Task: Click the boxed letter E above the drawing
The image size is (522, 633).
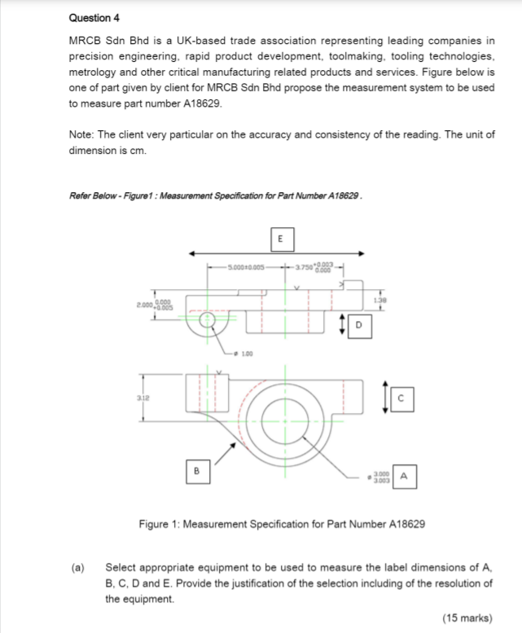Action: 279,240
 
